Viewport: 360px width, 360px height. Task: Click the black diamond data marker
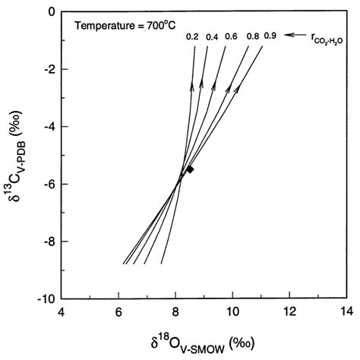coord(191,169)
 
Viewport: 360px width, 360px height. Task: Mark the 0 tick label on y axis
coord(49,13)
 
